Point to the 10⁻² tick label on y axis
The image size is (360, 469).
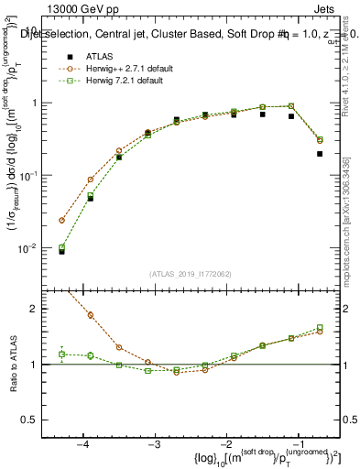28,247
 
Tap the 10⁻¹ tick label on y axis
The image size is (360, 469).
28,175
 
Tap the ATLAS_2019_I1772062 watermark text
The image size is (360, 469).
190,273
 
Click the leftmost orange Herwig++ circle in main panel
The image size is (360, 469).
61,221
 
